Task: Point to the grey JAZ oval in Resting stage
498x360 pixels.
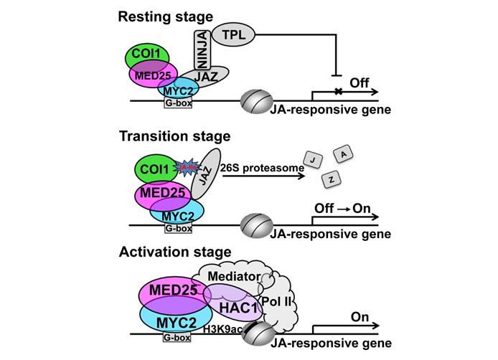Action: pyautogui.click(x=208, y=74)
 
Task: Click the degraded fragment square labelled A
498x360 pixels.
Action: pyautogui.click(x=344, y=156)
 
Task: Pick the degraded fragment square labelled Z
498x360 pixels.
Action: pyautogui.click(x=330, y=181)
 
